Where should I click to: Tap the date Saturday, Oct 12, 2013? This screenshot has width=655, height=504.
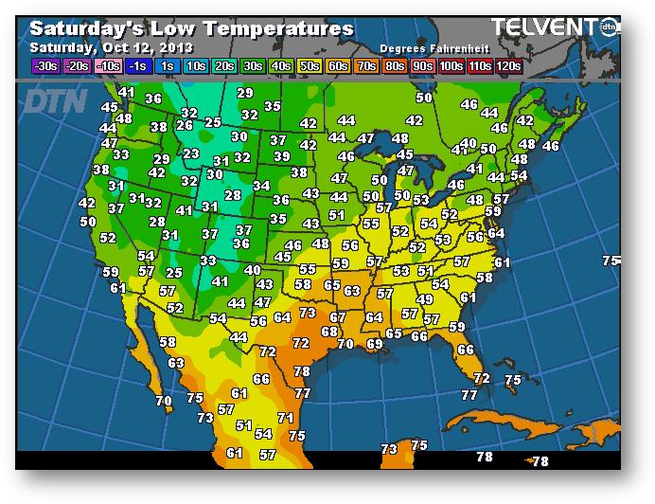point(112,47)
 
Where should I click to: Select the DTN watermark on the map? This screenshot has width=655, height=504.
point(54,100)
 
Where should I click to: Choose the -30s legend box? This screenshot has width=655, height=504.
point(44,65)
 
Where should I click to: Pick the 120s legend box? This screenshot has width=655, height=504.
point(508,65)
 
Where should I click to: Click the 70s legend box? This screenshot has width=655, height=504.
point(364,65)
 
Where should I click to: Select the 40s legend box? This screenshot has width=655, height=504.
point(279,65)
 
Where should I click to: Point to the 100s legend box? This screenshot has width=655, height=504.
point(451,65)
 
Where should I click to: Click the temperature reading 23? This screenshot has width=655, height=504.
point(191,153)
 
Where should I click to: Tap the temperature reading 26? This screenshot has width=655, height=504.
point(185,125)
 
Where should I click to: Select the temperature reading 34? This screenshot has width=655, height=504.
point(261,186)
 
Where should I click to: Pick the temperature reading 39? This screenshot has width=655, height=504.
point(281,156)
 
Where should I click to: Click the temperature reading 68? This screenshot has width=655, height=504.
point(328,332)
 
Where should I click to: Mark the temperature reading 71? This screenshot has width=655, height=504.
point(285,418)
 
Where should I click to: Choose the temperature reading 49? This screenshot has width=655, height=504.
point(425,299)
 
